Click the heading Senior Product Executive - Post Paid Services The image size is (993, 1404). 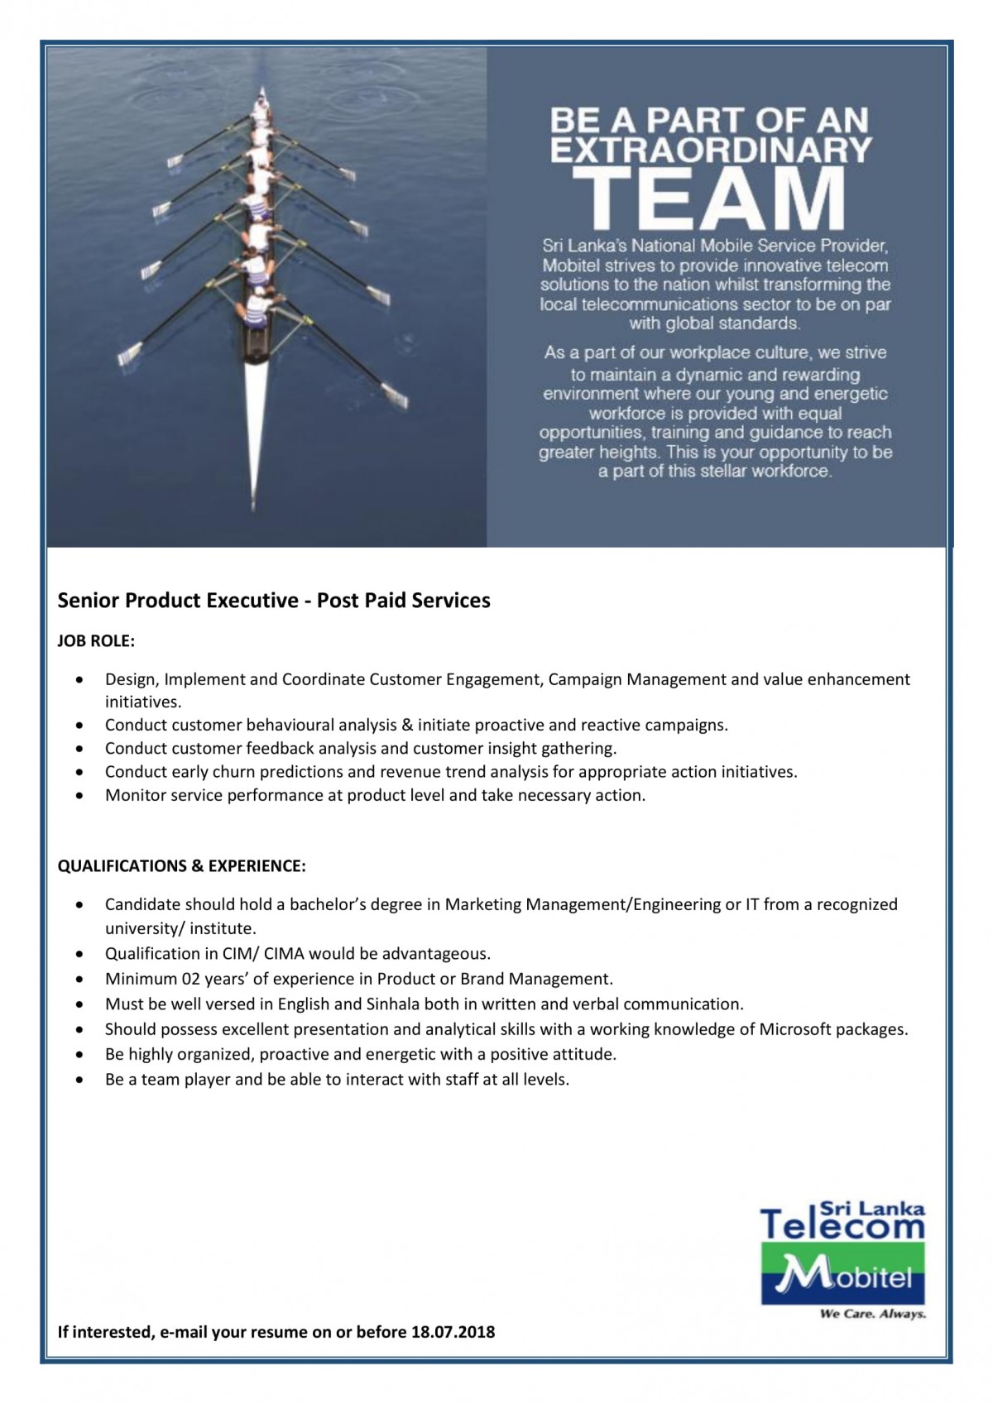click(x=274, y=601)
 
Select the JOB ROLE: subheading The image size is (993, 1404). click(x=96, y=641)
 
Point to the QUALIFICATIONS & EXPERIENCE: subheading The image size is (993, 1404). click(x=181, y=866)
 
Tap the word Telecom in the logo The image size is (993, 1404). click(x=842, y=1225)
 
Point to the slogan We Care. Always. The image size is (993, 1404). click(x=872, y=1314)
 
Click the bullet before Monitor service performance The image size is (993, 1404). click(x=79, y=796)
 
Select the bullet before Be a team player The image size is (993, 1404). click(x=79, y=1080)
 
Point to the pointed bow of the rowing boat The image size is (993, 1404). click(x=263, y=91)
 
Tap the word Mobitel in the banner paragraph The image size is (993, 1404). click(x=571, y=266)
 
